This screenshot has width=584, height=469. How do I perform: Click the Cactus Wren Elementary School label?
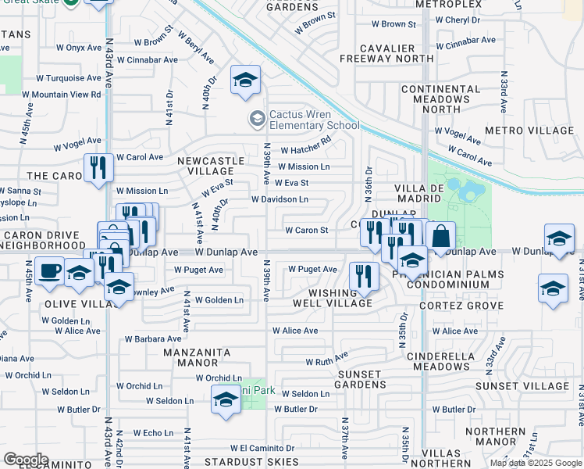point(314,119)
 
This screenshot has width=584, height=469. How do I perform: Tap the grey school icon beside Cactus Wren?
point(256,119)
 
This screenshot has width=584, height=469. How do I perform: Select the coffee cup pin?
point(50,271)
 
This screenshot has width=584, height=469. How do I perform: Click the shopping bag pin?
point(440,237)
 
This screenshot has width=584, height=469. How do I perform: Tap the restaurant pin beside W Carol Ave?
point(99,168)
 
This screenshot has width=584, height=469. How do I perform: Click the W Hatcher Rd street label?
point(306,150)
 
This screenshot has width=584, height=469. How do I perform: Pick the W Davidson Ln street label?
point(280,199)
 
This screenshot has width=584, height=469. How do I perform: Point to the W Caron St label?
point(306,231)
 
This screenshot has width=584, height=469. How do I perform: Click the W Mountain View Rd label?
point(62,94)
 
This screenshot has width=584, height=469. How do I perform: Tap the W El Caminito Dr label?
point(262,449)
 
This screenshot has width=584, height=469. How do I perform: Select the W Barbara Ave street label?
point(153,339)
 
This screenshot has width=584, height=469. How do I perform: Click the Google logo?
point(26,460)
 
